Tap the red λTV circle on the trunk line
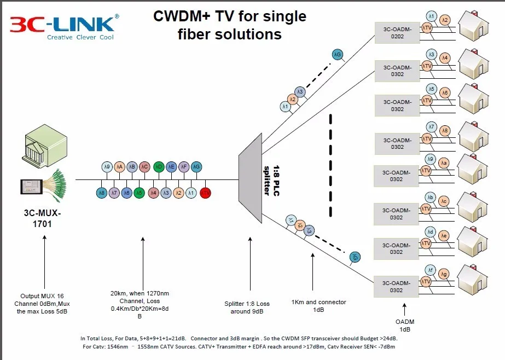(x=205, y=193)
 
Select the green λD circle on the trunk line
(x=159, y=167)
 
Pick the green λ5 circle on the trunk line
(x=140, y=193)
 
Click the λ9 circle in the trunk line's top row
(x=107, y=167)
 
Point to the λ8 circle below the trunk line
(x=101, y=193)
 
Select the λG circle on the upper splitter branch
(x=338, y=54)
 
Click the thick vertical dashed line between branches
(x=331, y=164)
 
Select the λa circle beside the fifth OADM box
(x=445, y=162)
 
